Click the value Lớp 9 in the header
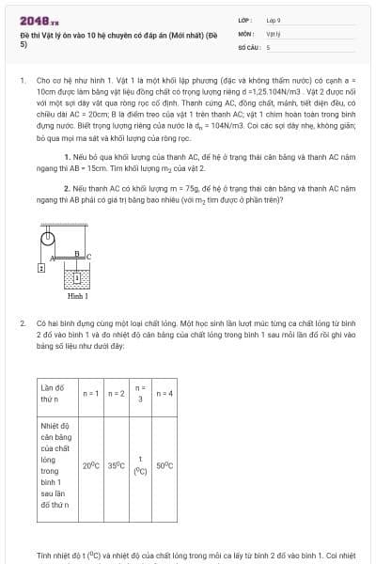(x=273, y=20)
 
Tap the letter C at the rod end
(x=89, y=255)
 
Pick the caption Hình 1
(x=78, y=296)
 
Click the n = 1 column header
(x=92, y=392)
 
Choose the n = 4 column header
(x=164, y=392)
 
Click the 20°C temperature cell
(x=91, y=465)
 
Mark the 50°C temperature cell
(x=164, y=465)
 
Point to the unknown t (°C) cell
(x=140, y=465)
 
